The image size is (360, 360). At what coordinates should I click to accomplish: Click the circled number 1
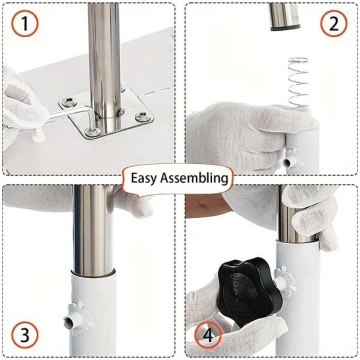click(x=25, y=23)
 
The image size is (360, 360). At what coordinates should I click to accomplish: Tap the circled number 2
click(x=334, y=23)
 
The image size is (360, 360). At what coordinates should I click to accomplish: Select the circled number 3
click(x=25, y=335)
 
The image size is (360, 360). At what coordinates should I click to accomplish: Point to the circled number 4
click(x=208, y=335)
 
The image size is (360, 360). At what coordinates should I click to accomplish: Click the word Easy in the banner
click(x=144, y=178)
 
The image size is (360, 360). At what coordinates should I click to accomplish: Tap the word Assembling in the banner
click(x=194, y=178)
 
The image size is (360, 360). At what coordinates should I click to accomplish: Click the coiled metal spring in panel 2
click(x=298, y=82)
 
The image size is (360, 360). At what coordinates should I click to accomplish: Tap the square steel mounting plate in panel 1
click(x=106, y=114)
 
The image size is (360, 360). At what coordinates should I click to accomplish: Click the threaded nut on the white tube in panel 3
click(x=76, y=318)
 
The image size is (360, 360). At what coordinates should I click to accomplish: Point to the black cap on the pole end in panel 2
click(x=285, y=28)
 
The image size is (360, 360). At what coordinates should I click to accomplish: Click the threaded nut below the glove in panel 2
click(x=291, y=159)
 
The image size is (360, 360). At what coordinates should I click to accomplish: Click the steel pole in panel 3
click(x=92, y=230)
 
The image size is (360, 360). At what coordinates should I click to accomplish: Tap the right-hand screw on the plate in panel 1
click(x=143, y=117)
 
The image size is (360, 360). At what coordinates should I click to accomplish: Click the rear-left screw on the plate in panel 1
click(x=69, y=102)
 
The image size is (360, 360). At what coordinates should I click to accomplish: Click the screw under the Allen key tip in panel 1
click(x=92, y=132)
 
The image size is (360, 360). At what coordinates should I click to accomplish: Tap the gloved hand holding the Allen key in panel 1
click(x=23, y=106)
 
